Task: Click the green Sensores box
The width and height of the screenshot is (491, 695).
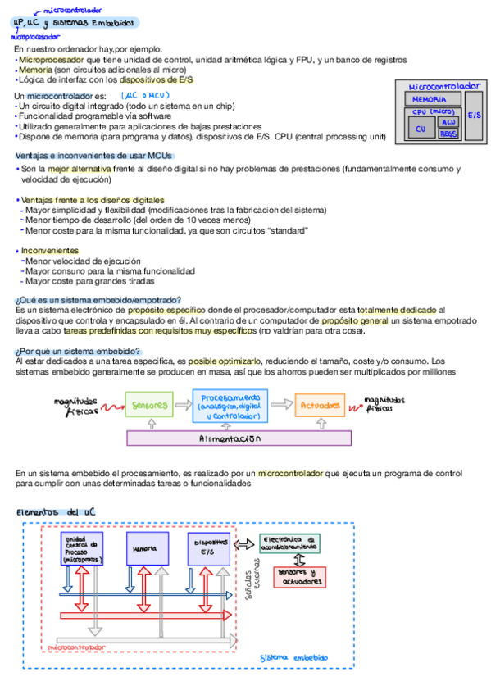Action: [149, 404]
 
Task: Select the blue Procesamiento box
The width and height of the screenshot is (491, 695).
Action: [230, 405]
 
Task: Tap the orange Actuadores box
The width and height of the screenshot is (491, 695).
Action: [321, 405]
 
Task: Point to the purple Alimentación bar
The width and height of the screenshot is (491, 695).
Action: [239, 438]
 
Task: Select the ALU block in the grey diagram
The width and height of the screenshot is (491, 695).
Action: [448, 121]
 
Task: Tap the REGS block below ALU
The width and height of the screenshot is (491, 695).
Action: [448, 133]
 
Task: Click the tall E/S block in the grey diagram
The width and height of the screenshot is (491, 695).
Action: [475, 116]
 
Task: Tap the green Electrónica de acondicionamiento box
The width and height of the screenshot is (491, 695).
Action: [289, 543]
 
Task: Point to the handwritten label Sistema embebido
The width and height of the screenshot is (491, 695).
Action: [293, 658]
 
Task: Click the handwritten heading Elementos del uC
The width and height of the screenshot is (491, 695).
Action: [57, 511]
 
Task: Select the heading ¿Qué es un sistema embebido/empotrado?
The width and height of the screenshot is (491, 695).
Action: [98, 300]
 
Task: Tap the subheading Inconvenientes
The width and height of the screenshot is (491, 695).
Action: [50, 250]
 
